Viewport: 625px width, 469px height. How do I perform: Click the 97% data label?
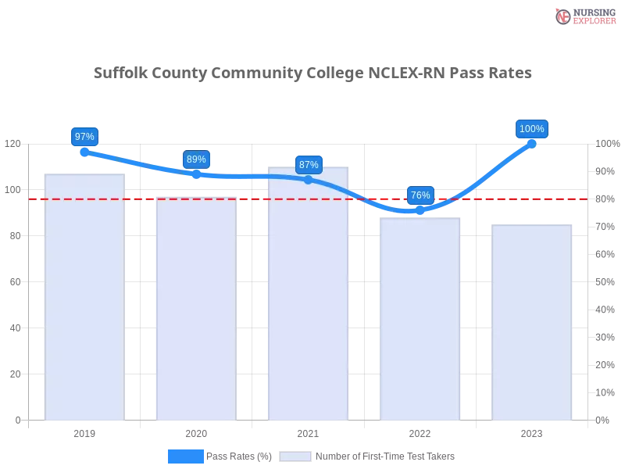pos(84,137)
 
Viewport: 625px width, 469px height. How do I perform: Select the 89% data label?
pos(196,159)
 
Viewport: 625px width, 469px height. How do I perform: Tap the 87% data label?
pos(309,165)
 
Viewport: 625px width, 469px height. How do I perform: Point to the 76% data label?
pos(420,195)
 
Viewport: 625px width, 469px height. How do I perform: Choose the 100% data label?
pos(532,129)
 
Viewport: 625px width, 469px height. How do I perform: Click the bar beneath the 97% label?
pos(84,297)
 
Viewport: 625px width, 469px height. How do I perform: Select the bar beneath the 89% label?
pos(194,309)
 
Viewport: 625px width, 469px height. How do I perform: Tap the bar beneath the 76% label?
pos(419,317)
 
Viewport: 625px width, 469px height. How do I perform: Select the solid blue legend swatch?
pos(186,456)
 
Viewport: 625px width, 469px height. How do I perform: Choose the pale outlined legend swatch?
pos(295,456)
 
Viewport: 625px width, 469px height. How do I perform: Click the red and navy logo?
pos(583,16)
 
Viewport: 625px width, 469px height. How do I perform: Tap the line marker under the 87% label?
pos(308,180)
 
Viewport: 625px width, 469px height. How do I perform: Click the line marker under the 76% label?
pos(420,210)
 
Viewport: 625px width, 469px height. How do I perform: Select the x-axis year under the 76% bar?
pos(419,431)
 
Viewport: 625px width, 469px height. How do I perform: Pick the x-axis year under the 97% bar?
pos(84,431)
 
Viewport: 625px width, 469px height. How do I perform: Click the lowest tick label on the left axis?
pos(18,420)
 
